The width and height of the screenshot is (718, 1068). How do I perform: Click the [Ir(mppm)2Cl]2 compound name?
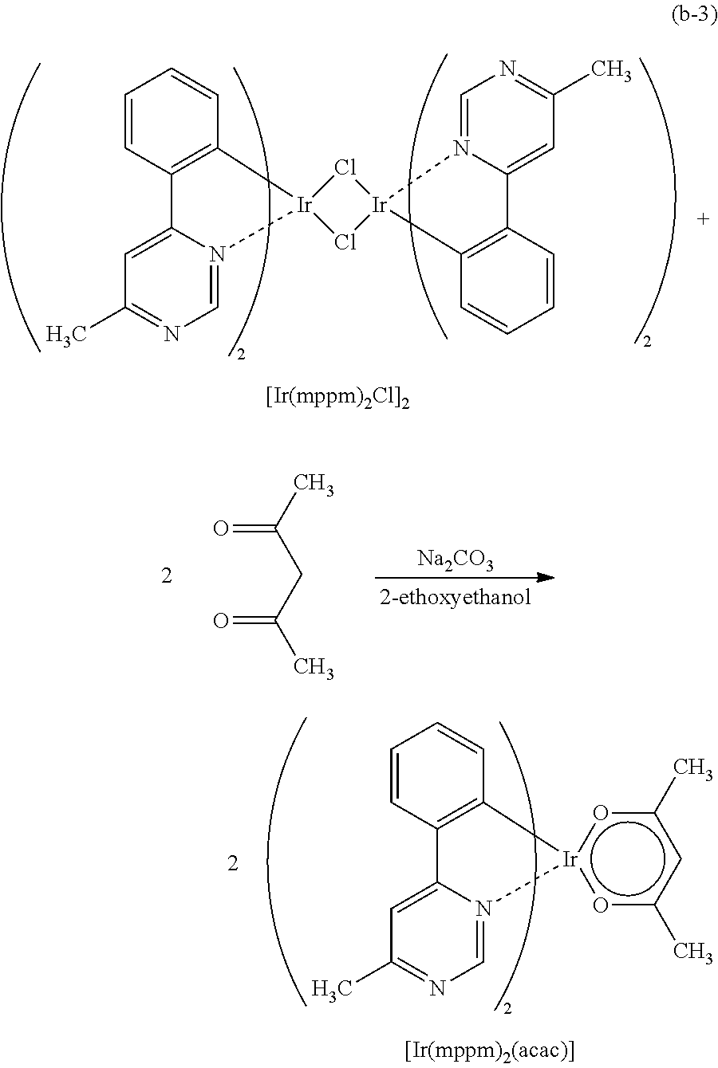(x=337, y=399)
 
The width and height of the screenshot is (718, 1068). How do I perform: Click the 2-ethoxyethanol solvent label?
(x=456, y=597)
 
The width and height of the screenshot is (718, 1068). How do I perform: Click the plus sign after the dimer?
(x=703, y=219)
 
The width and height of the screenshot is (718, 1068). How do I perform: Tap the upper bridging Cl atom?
(x=345, y=167)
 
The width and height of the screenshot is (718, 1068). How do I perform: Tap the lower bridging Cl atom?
(x=345, y=242)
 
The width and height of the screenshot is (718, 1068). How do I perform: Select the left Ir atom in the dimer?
(x=304, y=205)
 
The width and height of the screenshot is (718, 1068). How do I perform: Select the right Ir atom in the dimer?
(x=379, y=205)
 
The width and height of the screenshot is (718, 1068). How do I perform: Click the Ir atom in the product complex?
(x=570, y=860)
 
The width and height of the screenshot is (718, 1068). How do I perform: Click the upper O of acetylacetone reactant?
(x=220, y=528)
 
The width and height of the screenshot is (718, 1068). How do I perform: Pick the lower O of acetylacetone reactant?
(x=220, y=621)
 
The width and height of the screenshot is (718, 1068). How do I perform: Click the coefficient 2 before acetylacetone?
(x=166, y=576)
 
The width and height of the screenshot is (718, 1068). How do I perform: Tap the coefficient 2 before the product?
(x=232, y=863)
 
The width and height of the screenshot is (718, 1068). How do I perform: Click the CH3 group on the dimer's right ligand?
(x=612, y=71)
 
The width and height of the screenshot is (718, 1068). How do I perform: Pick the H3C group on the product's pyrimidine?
(x=332, y=989)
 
